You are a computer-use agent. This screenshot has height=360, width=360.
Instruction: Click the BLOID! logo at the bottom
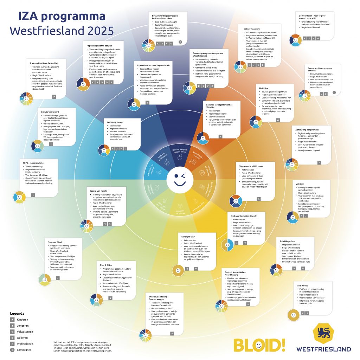tap(259, 345)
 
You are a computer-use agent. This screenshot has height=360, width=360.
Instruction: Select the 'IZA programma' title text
tap(62, 16)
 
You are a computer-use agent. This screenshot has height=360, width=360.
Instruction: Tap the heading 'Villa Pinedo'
tap(303, 285)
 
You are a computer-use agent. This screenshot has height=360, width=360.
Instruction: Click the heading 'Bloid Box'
tap(264, 88)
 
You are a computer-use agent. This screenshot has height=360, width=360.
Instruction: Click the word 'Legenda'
tap(17, 313)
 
